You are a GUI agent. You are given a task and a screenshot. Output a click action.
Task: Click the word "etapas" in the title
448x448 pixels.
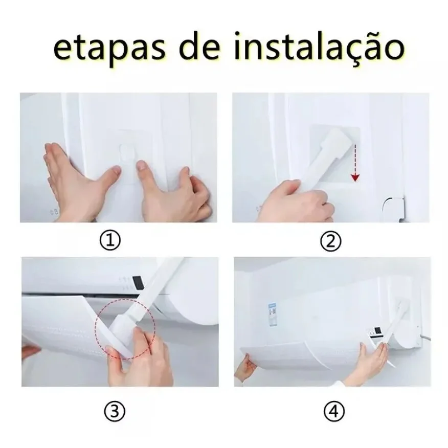pos(109,49)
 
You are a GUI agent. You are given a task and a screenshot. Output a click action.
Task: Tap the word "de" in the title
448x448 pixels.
pos(199,46)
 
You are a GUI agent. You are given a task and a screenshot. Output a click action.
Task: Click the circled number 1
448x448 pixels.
pos(110,240)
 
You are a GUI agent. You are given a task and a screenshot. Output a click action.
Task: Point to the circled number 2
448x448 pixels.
pos(330,242)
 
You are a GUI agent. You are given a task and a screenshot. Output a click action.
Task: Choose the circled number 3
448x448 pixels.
pos(114,411)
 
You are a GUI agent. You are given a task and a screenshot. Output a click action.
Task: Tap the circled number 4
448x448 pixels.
pos(334,411)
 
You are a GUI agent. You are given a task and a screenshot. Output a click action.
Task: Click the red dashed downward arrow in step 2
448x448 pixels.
pos(355,163)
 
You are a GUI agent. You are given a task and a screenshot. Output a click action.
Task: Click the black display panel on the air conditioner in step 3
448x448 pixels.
pos(138,282)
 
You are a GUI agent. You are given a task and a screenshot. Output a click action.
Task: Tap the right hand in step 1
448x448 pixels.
pos(174,191)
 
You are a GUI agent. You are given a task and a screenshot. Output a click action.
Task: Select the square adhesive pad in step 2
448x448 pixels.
pos(335,155)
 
